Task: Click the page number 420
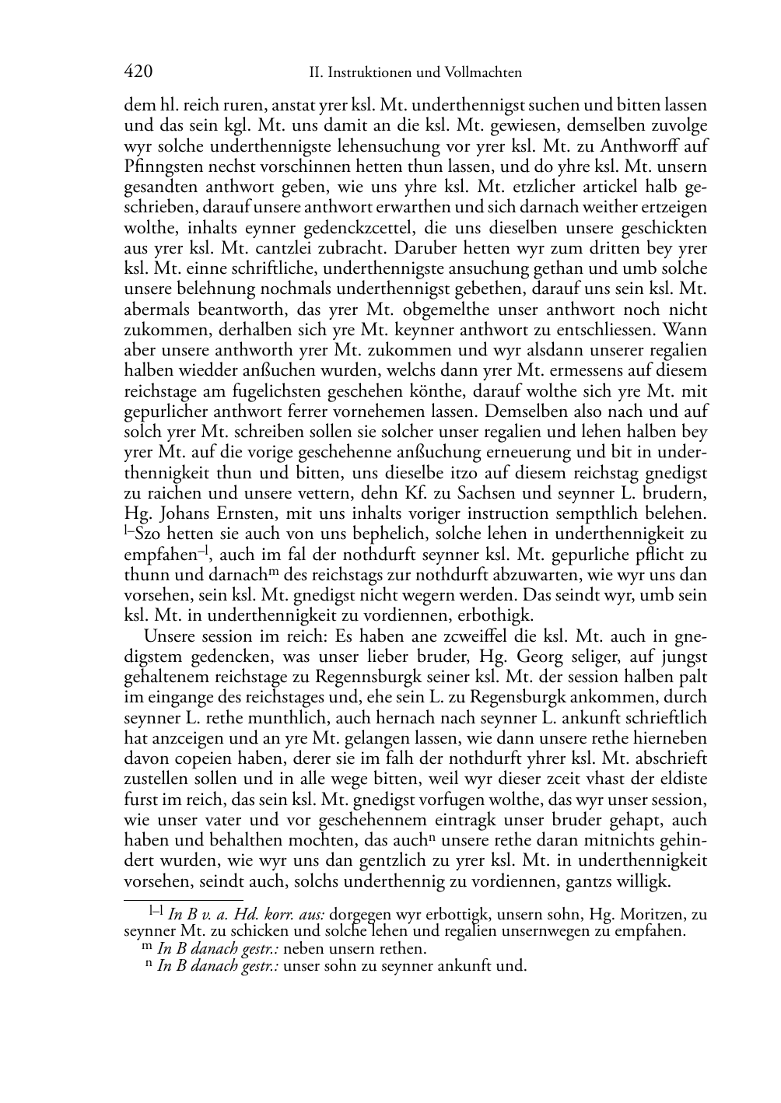pos(138,72)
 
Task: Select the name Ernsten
pos(251,513)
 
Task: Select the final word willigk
pos(644,881)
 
